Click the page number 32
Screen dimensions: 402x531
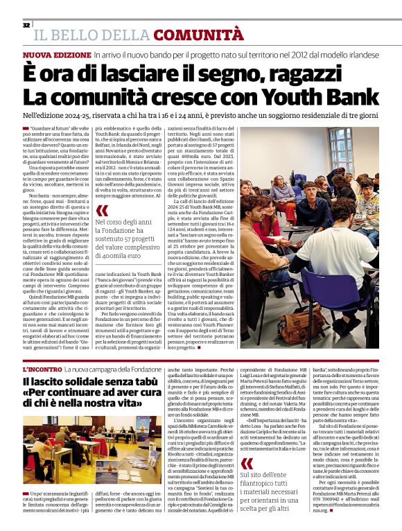click(x=26, y=25)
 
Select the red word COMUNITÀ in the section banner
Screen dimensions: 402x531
click(x=198, y=35)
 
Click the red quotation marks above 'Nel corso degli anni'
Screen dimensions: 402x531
click(x=103, y=209)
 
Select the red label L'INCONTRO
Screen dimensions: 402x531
click(x=42, y=370)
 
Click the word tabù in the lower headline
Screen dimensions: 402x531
click(x=141, y=382)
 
